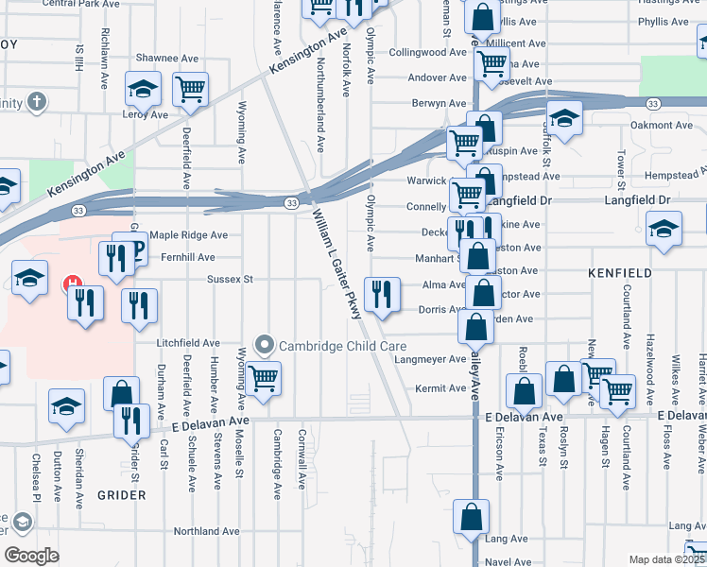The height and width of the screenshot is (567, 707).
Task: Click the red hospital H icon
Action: coord(72,283)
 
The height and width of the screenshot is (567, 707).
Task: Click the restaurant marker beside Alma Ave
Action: coord(382,295)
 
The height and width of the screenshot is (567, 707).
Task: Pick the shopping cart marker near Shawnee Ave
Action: coord(191,91)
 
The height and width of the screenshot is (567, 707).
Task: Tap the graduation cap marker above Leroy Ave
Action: coord(144,91)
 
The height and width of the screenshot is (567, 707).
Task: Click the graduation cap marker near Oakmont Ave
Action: coord(564,119)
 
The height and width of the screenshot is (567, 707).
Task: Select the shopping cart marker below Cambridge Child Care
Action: coord(264,378)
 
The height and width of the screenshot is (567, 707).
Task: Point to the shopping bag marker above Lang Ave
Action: coord(471,518)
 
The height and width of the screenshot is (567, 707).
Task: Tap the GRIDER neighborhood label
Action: coord(119,494)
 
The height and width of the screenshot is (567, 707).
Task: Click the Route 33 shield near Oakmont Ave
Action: coord(653,102)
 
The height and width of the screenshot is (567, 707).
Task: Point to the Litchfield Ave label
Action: coord(189,344)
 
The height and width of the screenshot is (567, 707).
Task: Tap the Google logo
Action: coord(31,556)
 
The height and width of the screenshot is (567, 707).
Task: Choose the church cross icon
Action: coord(37,101)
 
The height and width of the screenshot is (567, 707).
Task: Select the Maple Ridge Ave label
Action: coord(189,235)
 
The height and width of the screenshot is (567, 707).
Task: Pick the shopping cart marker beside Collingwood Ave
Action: coord(491,64)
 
